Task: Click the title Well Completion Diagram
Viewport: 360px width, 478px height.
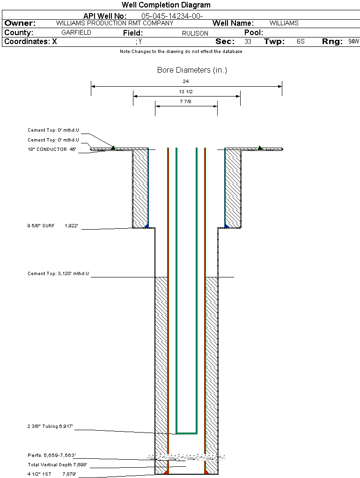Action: pos(166,5)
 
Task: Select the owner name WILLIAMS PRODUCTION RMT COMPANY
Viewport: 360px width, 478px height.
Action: pos(114,23)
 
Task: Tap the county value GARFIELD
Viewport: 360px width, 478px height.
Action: pos(76,33)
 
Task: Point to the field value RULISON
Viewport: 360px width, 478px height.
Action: pos(195,33)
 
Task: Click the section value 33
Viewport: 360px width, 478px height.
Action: pos(248,42)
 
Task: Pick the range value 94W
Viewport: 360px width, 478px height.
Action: pos(353,42)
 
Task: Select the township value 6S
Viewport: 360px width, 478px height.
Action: pos(301,42)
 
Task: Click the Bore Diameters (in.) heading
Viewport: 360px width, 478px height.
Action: pos(192,70)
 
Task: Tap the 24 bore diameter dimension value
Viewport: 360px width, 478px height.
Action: pos(186,81)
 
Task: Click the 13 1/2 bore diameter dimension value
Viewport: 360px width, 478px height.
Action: pos(186,91)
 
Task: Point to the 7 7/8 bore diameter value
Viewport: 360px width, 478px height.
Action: pos(186,101)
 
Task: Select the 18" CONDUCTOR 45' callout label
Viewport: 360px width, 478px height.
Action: pos(51,149)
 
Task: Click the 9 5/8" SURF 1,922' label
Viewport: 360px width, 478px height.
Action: pos(52,226)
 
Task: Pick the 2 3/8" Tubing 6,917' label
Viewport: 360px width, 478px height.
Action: pos(50,426)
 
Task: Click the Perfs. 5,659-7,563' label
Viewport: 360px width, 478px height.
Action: pos(51,456)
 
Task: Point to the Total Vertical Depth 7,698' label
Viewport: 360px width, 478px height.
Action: pos(57,465)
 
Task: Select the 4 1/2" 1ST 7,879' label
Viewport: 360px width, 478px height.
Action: pos(51,474)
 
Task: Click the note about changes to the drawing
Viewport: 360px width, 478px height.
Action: pos(181,52)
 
